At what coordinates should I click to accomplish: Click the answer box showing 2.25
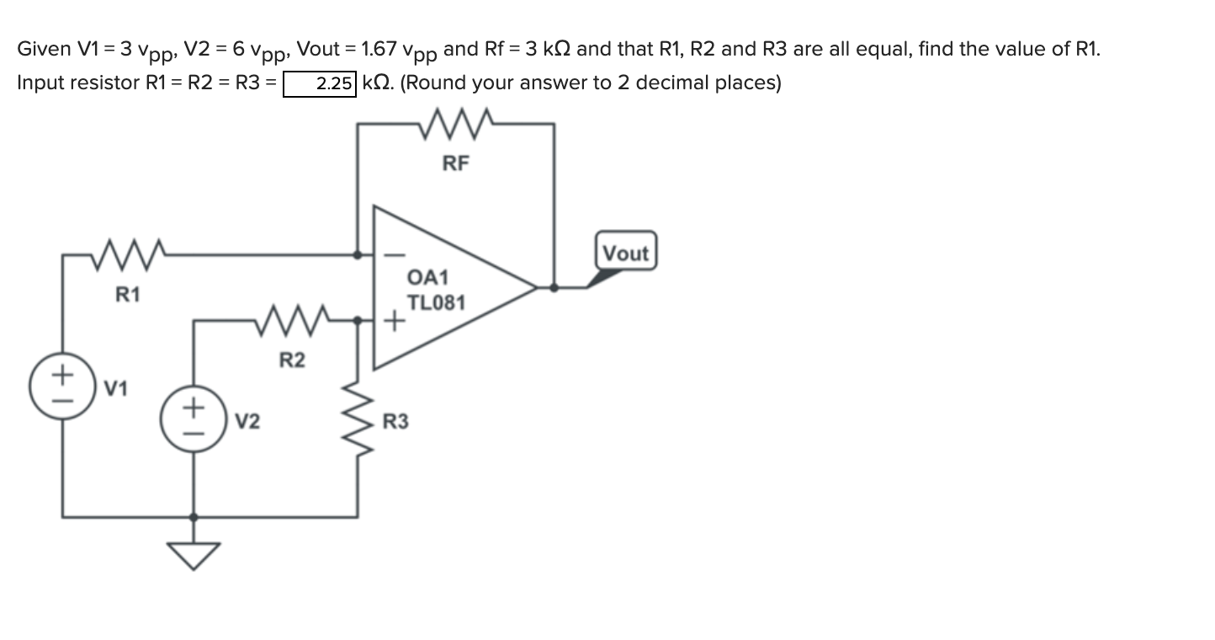[320, 84]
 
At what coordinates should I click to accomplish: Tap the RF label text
[455, 164]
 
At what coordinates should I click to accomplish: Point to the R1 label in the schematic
[128, 295]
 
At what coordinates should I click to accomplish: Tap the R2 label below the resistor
[292, 361]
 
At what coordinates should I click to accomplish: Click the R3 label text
[395, 421]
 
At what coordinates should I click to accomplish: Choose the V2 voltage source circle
[194, 419]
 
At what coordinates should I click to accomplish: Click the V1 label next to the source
[116, 389]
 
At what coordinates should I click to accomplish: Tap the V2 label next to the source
[247, 420]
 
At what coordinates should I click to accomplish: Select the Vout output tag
[626, 253]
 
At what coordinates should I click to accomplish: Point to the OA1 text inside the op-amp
[428, 277]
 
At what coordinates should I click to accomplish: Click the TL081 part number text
[436, 301]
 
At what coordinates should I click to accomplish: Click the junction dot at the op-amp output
[553, 287]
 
